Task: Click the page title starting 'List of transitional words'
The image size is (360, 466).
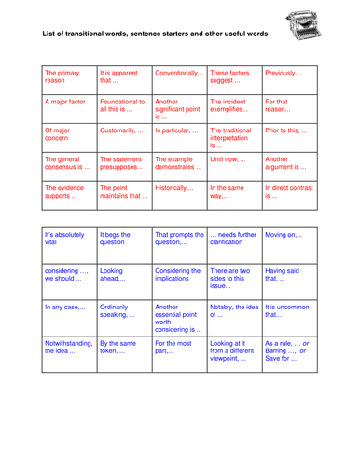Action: click(x=155, y=36)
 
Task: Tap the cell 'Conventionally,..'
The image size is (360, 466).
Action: click(x=177, y=73)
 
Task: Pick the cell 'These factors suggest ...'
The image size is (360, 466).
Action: click(x=233, y=77)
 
